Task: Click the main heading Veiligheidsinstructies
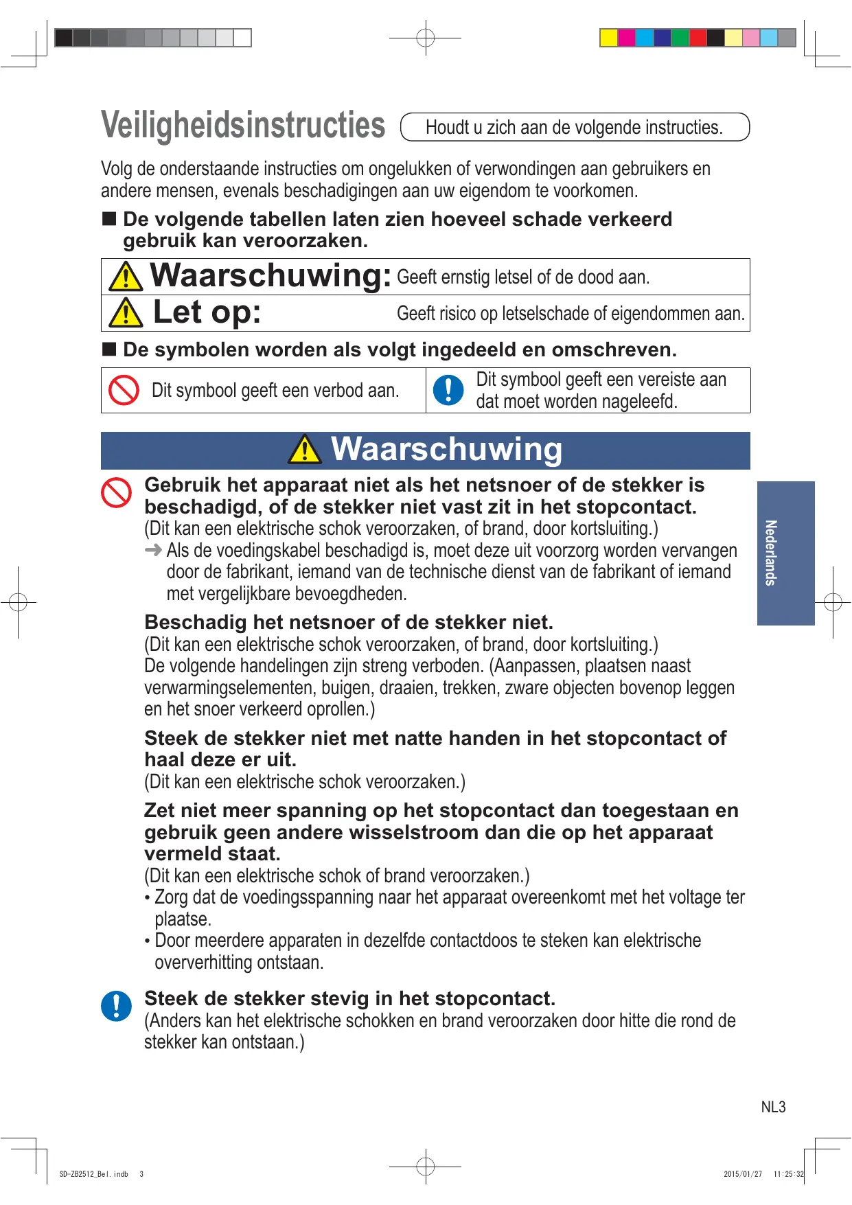tap(243, 126)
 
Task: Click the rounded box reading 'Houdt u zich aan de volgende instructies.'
tap(574, 127)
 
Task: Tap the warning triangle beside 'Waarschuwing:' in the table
tap(126, 276)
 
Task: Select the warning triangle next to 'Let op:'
tap(126, 313)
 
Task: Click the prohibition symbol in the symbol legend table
tap(124, 390)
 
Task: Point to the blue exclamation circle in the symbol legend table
tap(448, 390)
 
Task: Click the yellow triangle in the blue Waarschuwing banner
tap(305, 450)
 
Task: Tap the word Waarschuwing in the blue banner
tap(446, 450)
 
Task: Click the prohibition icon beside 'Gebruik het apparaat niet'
tap(116, 493)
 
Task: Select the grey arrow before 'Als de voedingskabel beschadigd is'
tap(154, 550)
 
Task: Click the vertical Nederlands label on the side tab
tap(771, 553)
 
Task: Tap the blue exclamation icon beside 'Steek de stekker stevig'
tap(116, 1006)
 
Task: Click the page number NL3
tap(773, 1107)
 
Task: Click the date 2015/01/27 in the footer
tap(743, 1174)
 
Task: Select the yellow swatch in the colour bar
tap(608, 38)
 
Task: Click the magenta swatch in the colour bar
tap(626, 38)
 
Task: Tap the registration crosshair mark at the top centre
tap(426, 38)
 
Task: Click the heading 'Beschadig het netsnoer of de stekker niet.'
tap(349, 622)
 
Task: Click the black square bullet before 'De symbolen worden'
tap(109, 349)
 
